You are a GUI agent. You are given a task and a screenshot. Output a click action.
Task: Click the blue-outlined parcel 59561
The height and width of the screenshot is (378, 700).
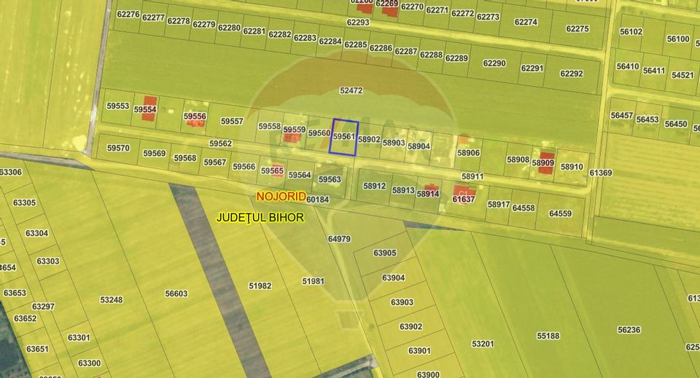point(343,136)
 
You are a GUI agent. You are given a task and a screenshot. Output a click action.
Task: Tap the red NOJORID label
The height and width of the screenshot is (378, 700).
point(281,197)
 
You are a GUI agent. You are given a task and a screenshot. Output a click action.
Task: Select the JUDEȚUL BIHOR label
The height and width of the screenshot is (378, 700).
point(260,217)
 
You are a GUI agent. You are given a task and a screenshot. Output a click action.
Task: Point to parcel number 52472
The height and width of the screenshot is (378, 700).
point(351,91)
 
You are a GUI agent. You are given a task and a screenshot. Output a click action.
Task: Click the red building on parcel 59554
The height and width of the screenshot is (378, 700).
point(149,103)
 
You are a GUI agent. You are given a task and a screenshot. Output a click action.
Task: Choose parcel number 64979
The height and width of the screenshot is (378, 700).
point(339,239)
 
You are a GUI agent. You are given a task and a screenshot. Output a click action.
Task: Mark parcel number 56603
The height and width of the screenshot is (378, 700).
point(176,294)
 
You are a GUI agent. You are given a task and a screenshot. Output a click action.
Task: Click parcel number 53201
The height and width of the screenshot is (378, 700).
point(483,344)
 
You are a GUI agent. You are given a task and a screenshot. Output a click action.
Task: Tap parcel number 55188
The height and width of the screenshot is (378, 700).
point(548,336)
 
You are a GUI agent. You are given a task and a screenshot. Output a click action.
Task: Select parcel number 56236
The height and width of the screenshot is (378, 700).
point(629,330)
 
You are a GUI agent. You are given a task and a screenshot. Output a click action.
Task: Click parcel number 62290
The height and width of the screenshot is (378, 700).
point(494,63)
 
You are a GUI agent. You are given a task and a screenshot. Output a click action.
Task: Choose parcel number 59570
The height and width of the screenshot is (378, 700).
point(118,148)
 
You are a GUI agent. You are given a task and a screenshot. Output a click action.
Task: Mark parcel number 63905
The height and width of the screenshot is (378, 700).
point(384,253)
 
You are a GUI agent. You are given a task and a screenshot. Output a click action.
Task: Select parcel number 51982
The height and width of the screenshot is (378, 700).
point(260,286)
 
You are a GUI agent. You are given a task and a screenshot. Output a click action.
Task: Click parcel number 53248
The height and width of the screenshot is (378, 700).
point(111,299)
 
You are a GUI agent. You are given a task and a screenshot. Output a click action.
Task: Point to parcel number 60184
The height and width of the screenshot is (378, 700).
point(318,200)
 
